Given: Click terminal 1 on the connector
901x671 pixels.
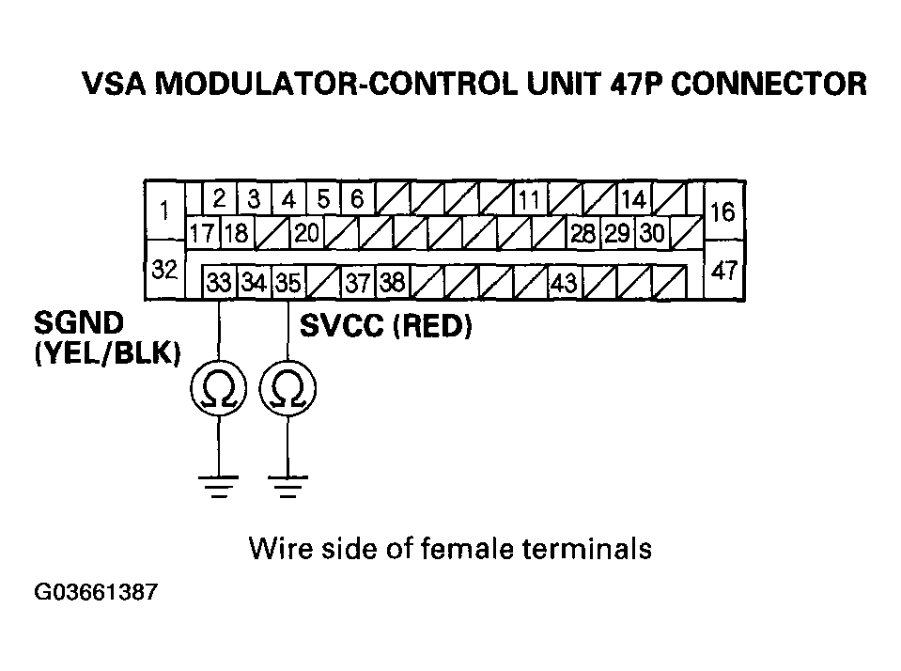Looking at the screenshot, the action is tap(165, 211).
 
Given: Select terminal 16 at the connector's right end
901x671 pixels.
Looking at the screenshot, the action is tap(723, 211).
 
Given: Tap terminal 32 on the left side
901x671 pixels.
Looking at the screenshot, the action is tap(165, 269).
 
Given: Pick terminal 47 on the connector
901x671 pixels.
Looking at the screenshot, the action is tap(723, 271).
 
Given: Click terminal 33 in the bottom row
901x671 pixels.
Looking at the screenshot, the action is tap(219, 282).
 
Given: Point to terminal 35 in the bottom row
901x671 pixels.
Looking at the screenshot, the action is tap(287, 282).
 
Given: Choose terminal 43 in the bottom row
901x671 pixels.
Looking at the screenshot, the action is tap(565, 282).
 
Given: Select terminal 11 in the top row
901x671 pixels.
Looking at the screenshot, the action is tap(530, 199).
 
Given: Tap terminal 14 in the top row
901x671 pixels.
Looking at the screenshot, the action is tap(634, 199).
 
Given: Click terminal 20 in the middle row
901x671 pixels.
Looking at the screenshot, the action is tap(307, 233).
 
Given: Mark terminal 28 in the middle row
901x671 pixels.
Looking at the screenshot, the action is tap(583, 233).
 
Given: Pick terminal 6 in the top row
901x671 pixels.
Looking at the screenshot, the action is tap(357, 199).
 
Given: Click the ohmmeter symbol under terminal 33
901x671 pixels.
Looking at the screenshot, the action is tap(219, 389).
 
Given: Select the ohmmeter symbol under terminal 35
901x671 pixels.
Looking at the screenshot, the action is tap(287, 389).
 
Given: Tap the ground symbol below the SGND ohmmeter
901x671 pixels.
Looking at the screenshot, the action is tap(219, 487).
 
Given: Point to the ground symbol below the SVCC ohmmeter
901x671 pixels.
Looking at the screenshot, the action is tap(287, 487).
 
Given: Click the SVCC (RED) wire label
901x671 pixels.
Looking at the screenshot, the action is tap(385, 327).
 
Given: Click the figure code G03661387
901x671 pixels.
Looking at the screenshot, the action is tap(96, 592).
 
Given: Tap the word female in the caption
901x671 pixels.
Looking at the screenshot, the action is tap(467, 548).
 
